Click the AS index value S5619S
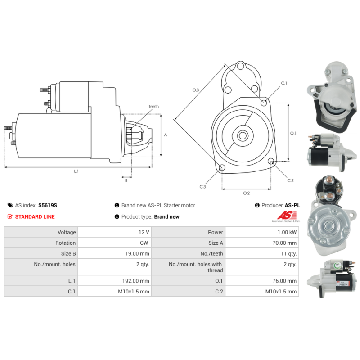tap(48, 205)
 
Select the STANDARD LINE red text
tap(35, 217)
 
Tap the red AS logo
tap(287, 216)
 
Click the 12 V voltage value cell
tap(115, 232)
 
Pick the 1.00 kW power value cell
tap(262, 232)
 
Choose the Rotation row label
tap(65, 243)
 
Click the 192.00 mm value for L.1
tap(136, 281)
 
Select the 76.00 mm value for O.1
tap(284, 281)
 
